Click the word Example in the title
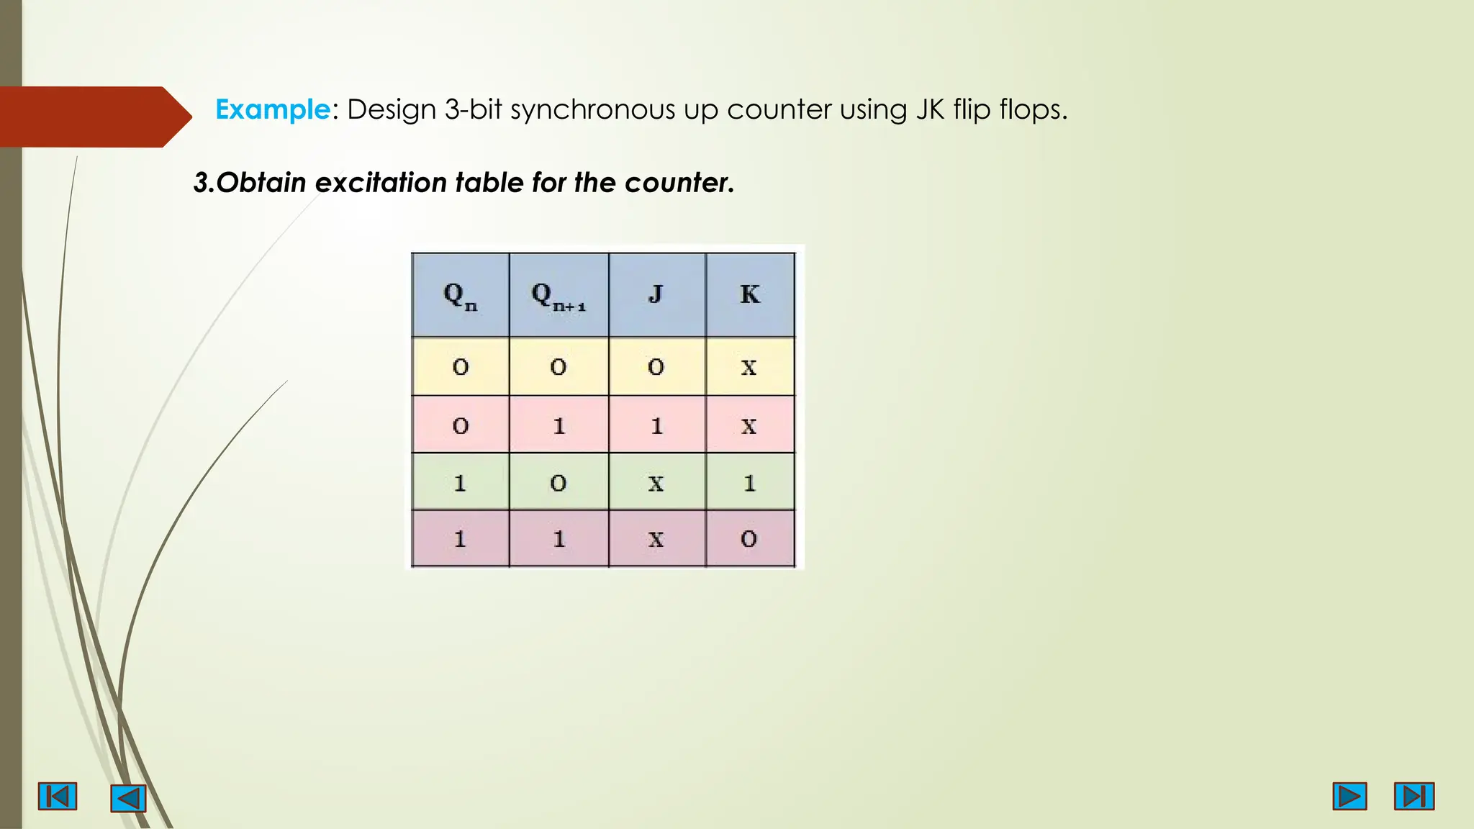coord(272,109)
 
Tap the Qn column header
coord(460,295)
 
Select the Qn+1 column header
coord(559,295)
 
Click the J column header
coord(656,295)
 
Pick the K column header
coord(749,295)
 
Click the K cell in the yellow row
coord(749,367)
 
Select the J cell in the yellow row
coord(656,367)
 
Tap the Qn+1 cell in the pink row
coord(559,425)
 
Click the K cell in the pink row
coord(749,425)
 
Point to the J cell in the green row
coord(656,483)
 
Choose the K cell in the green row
coord(749,483)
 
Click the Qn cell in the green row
coord(460,483)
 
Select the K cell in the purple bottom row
coord(749,539)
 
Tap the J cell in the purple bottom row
coord(656,539)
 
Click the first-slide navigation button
coord(58,797)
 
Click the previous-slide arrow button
coord(128,798)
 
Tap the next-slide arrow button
coord(1349,797)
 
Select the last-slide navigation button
coord(1414,797)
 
